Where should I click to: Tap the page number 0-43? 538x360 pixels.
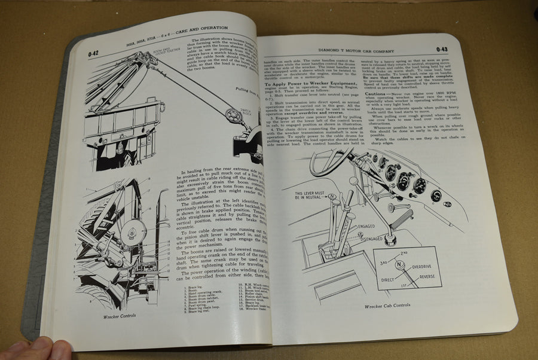[442, 50]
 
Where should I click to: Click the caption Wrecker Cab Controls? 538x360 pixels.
[388, 306]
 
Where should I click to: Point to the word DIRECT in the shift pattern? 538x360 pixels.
[389, 279]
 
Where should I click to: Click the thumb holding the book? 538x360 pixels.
[36, 349]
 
